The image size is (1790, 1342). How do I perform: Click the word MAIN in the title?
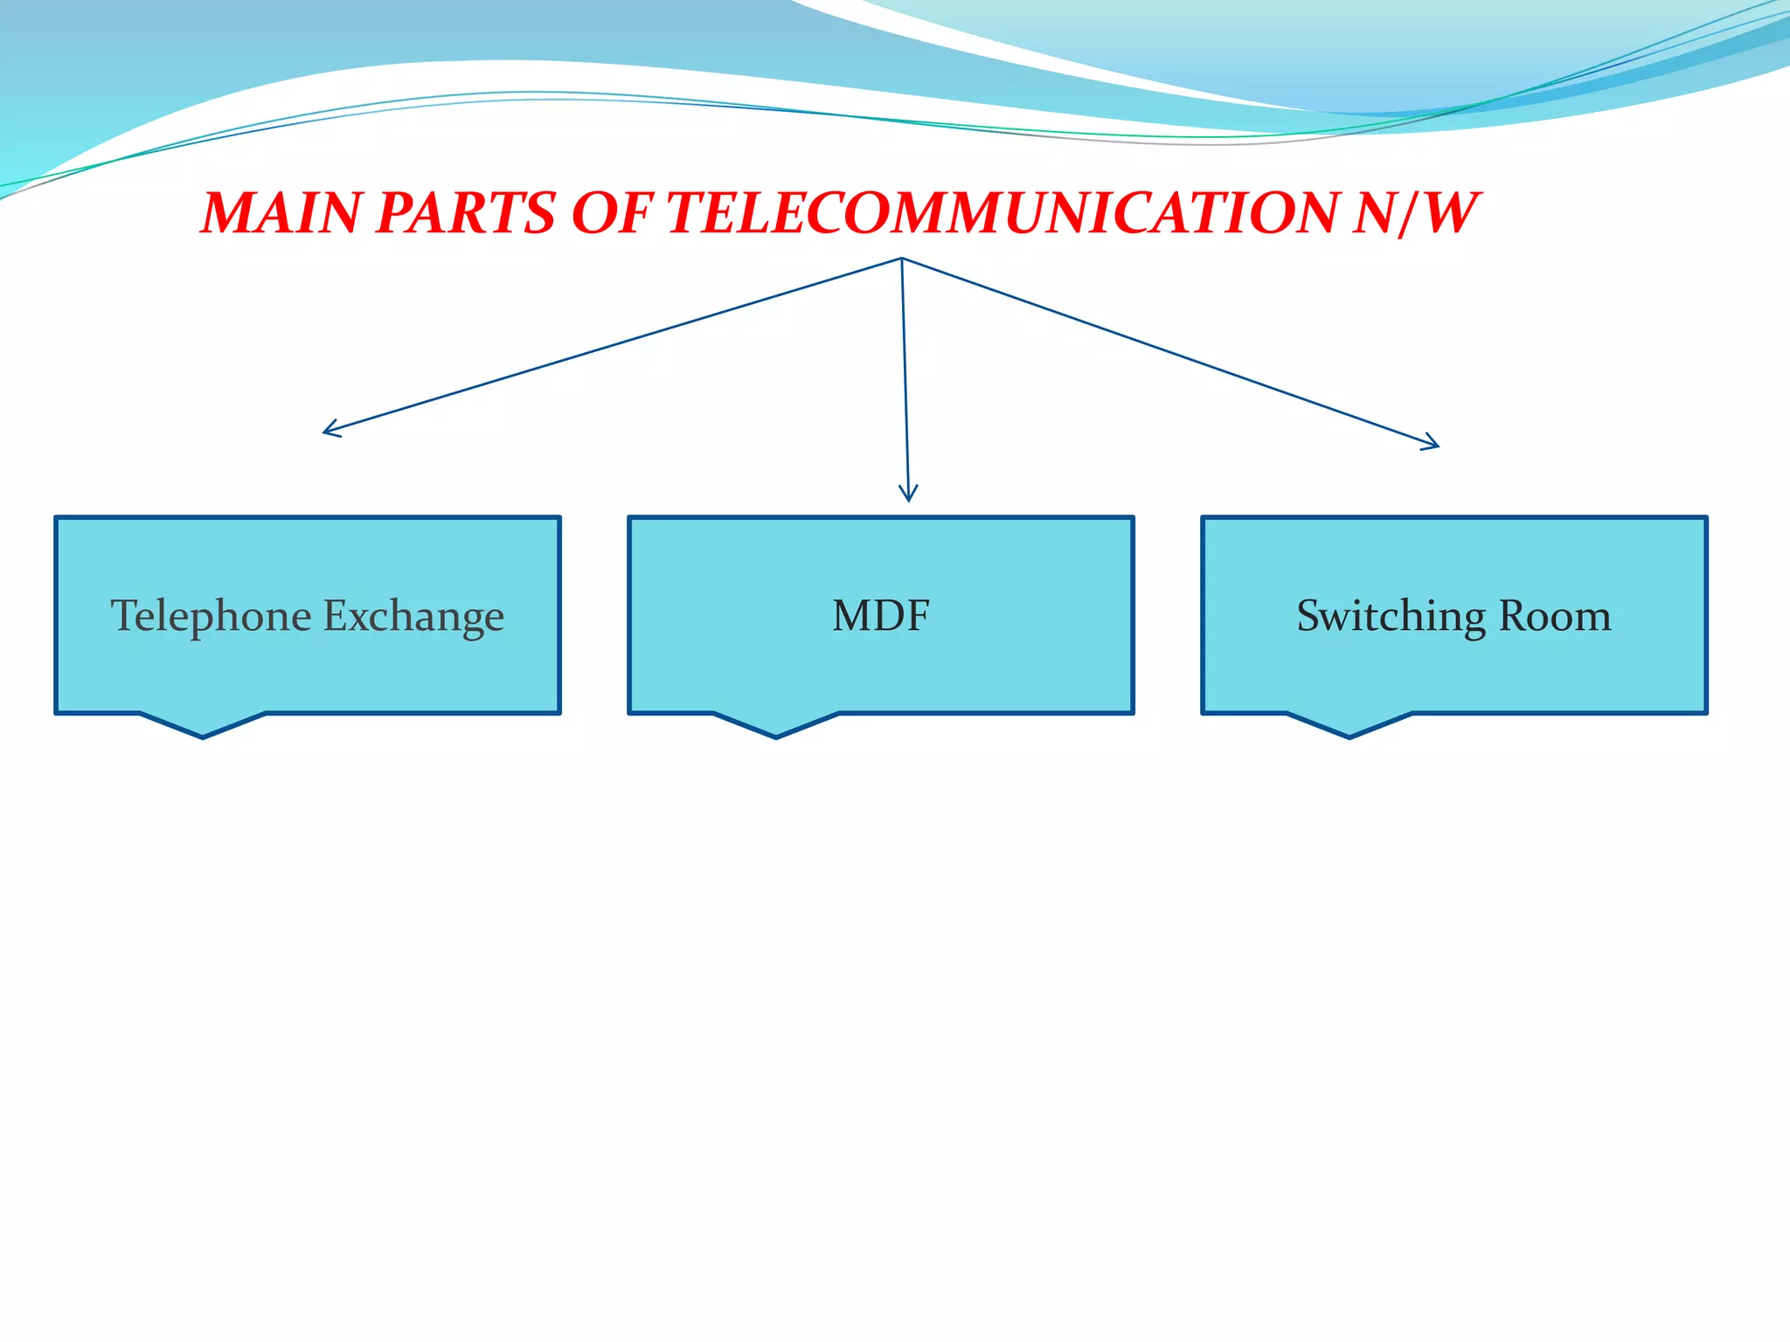[x=281, y=213]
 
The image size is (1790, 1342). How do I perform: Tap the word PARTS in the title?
[x=465, y=213]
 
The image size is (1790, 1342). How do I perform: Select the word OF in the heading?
[x=611, y=213]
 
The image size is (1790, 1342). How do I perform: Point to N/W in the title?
[x=1413, y=213]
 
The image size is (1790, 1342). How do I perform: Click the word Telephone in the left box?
[x=211, y=616]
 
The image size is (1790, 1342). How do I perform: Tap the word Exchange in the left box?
[x=414, y=616]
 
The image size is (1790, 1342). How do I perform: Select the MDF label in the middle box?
[x=880, y=616]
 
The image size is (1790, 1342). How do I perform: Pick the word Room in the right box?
[x=1555, y=616]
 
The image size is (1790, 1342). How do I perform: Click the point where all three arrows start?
[x=901, y=259]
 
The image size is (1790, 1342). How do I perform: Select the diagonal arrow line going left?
[x=612, y=345]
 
